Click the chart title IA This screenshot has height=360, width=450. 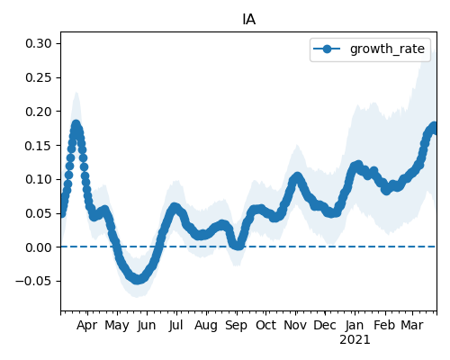248,20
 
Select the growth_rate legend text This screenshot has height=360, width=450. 387,49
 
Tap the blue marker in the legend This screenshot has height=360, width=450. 327,49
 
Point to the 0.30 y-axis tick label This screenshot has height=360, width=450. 39,43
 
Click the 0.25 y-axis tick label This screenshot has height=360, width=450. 39,77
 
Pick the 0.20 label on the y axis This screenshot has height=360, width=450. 39,112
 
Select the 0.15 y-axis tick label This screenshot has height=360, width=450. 39,146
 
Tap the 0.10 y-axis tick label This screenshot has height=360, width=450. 39,179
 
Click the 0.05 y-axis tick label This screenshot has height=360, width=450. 39,213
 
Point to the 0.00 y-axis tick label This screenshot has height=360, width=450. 39,247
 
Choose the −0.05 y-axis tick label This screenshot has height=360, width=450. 33,282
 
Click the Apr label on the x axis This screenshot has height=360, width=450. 86,326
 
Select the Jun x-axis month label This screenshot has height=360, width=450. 147,326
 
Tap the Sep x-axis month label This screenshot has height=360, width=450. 236,326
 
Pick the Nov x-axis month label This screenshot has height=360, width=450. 295,325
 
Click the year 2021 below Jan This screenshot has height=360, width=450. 355,340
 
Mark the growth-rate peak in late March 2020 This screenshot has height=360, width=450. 76,124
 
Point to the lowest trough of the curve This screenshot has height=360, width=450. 137,280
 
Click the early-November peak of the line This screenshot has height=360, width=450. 297,176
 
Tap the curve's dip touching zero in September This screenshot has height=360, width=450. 238,246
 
